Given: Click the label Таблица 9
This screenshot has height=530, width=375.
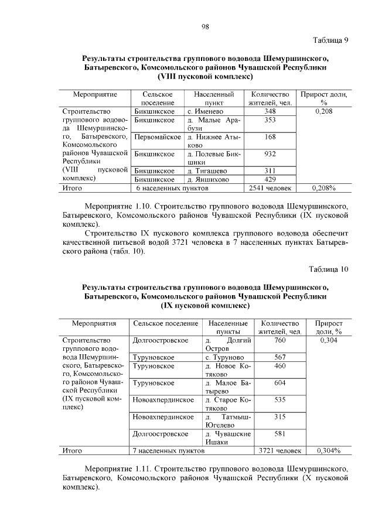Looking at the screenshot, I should pos(330,40).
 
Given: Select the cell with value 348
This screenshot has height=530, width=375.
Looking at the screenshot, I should pos(270,111).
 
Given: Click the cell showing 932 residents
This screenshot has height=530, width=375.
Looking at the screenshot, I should pos(270,154).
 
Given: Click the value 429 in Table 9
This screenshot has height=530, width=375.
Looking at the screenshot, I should pos(270,179).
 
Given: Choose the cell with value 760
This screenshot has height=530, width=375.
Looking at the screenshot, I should pos(280,340).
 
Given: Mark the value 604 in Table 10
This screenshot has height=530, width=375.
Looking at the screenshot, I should pos(280,383).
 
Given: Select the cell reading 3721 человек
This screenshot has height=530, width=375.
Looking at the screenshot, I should pos(280,451).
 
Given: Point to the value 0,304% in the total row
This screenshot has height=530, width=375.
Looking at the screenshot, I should pos(329,451).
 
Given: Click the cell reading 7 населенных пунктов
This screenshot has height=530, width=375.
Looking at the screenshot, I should pos(169,451).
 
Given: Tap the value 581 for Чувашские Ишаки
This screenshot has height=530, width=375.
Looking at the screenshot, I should pos(280,434).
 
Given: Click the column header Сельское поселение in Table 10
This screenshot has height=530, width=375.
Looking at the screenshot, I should pos(165,323).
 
